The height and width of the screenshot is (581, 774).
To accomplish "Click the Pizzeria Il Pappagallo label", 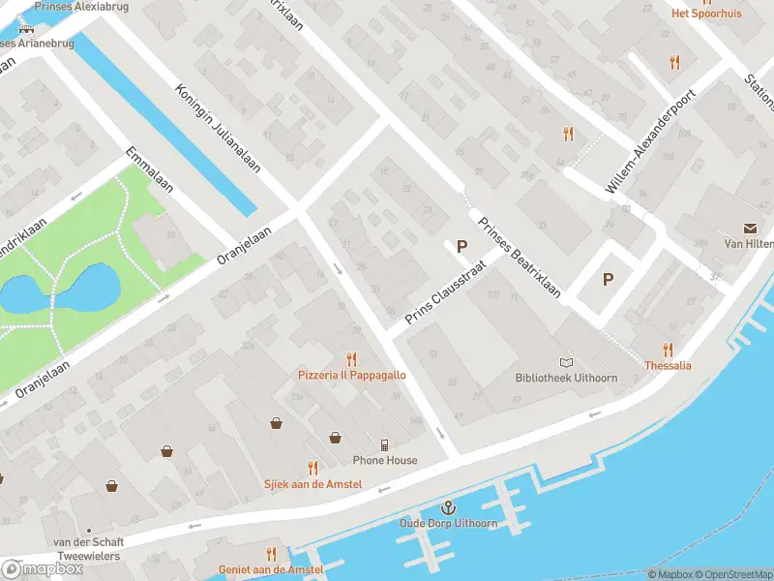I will (x=351, y=374).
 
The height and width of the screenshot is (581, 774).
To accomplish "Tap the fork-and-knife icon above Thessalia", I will (x=668, y=350).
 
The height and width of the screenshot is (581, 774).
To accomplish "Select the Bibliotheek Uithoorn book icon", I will (x=566, y=361).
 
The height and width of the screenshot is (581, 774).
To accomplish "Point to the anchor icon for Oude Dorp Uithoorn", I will (x=448, y=507).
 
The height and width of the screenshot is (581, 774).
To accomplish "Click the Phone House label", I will (x=385, y=460).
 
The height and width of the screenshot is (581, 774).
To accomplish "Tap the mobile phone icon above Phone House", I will (x=385, y=445).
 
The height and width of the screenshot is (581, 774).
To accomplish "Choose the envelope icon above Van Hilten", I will (x=751, y=229).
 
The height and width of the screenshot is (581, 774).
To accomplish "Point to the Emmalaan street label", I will (x=149, y=170).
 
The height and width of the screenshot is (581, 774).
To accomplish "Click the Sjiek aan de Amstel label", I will (x=313, y=483).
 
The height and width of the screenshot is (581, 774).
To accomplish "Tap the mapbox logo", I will (x=43, y=569).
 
